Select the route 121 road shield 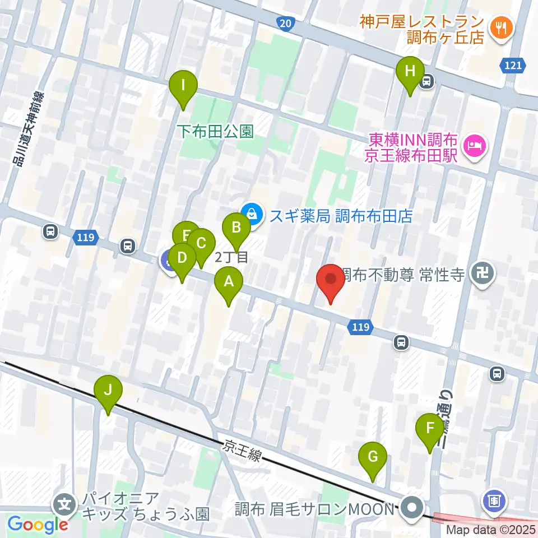512,66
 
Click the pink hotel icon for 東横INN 475,147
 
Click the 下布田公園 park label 215,131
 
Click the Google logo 38,524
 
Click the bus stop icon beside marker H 427,82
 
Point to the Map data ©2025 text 491,530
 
